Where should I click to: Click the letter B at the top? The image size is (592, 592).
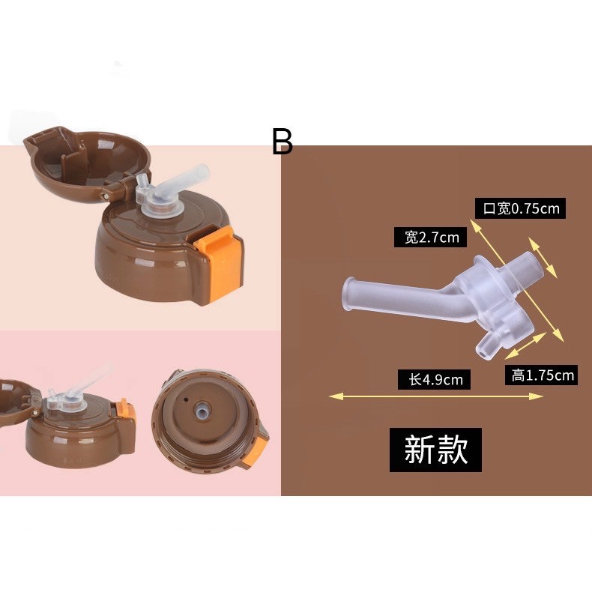[282, 141]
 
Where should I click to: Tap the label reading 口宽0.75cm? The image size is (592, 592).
[520, 208]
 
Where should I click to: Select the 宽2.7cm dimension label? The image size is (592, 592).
[431, 238]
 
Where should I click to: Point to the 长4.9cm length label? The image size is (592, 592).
[435, 379]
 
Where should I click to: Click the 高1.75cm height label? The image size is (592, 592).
[543, 375]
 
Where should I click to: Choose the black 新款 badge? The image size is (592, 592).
[435, 450]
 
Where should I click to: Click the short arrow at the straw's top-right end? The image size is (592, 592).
[543, 257]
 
